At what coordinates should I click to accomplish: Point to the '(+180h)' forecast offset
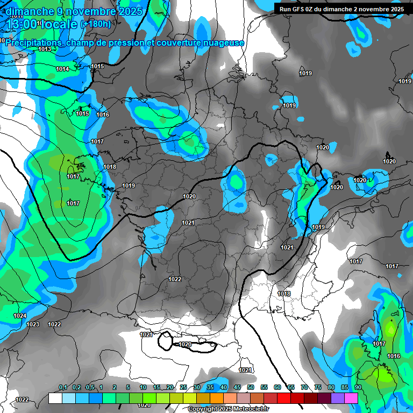point(96,24)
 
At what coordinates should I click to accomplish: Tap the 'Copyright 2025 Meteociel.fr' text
point(228,409)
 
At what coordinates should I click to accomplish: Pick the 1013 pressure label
point(45,49)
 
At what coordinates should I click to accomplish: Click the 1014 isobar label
point(62,69)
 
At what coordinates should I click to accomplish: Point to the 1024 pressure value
point(20,316)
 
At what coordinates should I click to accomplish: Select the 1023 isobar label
point(33,324)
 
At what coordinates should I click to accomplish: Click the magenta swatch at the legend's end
point(351,398)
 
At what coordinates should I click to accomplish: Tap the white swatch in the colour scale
point(55,398)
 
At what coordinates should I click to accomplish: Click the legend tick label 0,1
point(63,388)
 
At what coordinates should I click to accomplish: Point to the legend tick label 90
point(358,388)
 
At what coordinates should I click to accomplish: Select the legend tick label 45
point(237,388)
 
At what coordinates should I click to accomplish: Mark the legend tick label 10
point(143,388)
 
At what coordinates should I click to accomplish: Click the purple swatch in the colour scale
point(338,398)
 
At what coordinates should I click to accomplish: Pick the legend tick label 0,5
point(90,388)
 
